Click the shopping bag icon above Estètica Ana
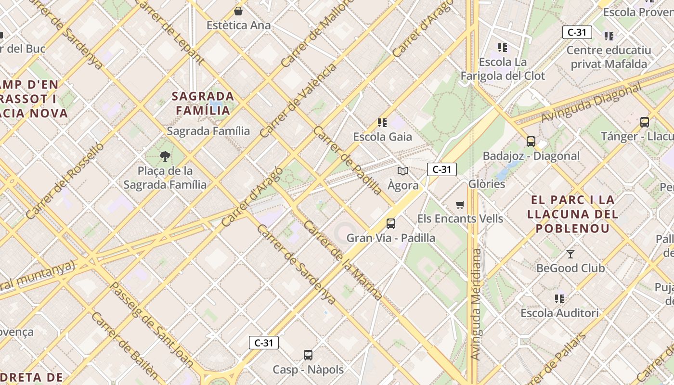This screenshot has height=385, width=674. click(x=238, y=11)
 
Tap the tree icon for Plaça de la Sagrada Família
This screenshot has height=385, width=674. click(x=165, y=156)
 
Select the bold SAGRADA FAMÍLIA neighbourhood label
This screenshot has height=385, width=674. click(x=203, y=103)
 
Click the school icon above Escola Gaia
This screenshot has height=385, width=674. click(x=382, y=123)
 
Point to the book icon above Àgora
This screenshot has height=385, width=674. click(x=403, y=171)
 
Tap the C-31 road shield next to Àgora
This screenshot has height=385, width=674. click(x=441, y=169)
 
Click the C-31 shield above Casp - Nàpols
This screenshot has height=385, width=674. click(x=264, y=343)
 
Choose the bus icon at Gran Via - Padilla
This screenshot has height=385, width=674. click(x=391, y=224)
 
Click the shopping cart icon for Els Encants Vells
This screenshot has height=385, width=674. click(x=460, y=205)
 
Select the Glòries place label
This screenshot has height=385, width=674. click(x=487, y=184)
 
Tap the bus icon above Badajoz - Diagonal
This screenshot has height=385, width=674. click(x=531, y=141)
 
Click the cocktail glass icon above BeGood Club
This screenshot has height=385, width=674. click(x=570, y=254)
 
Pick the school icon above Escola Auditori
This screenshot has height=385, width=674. click(x=559, y=299)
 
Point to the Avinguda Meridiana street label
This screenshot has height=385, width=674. click(x=476, y=304)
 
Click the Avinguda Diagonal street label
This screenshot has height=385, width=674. click(x=592, y=103)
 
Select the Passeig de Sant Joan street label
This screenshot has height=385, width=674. click(x=152, y=325)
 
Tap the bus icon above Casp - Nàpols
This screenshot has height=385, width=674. click(x=308, y=355)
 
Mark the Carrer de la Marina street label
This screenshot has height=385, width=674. click(x=343, y=261)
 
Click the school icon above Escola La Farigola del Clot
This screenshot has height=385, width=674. click(x=503, y=48)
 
